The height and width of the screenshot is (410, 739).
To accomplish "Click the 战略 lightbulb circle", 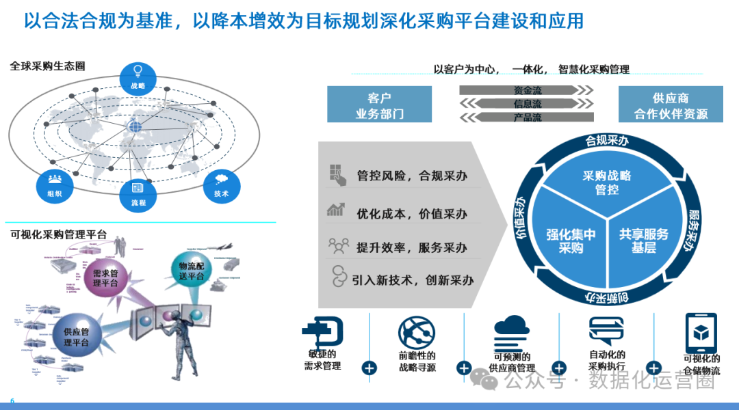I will tap(138, 77).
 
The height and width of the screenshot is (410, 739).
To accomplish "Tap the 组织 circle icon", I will tap(55, 184).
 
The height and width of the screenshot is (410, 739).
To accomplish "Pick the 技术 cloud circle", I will tap(222, 184).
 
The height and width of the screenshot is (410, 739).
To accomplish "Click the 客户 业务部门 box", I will tap(379, 105).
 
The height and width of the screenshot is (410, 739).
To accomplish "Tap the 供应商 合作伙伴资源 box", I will tap(671, 105).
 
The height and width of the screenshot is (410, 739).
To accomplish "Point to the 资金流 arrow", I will tap(526, 90).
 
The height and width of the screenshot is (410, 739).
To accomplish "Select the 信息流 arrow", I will tap(526, 104).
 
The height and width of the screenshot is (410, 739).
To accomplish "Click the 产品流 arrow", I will tap(526, 118).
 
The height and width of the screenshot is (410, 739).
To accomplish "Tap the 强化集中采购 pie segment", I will tap(571, 241).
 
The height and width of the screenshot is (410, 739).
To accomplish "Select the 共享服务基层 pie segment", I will tap(643, 241).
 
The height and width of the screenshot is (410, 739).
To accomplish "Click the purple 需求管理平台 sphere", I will tap(106, 279).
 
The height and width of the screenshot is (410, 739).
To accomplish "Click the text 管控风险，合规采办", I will tap(412, 176).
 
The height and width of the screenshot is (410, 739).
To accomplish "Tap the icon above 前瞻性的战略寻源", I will tap(417, 331).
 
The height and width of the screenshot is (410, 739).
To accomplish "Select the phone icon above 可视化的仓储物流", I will tap(701, 333).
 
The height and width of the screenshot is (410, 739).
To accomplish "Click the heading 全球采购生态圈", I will tap(52, 66).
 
